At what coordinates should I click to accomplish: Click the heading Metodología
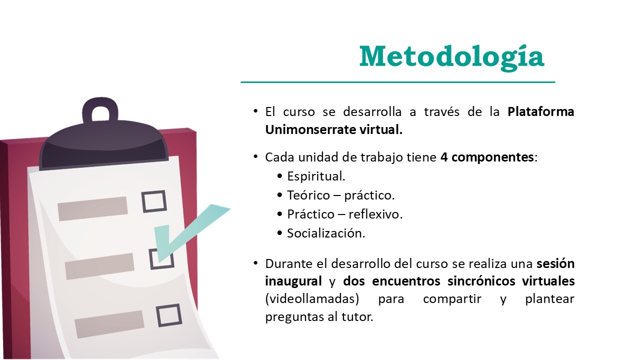tap(451, 57)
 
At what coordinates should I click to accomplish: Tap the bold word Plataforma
tap(541, 111)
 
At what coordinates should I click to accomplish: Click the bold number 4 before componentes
tap(444, 157)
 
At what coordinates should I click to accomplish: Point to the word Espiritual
tap(316, 176)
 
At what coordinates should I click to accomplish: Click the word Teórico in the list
tap(308, 195)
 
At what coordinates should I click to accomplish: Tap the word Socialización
tap(326, 233)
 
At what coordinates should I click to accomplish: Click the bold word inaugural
tap(293, 281)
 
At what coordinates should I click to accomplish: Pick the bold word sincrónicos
tap(481, 281)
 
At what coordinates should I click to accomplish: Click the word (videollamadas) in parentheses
tap(312, 299)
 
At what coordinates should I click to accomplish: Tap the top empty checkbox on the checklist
tap(154, 201)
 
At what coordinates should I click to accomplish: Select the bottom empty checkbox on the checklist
tap(169, 315)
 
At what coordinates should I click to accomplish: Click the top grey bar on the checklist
tap(92, 208)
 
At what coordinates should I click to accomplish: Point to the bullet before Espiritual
tap(279, 176)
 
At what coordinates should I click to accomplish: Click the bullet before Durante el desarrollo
tap(255, 263)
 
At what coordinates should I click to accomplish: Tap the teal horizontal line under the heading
tap(397, 82)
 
